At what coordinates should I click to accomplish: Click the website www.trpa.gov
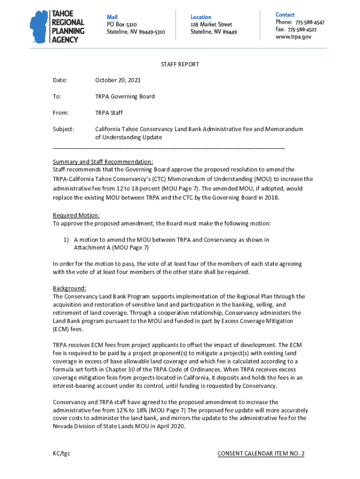click(x=293, y=37)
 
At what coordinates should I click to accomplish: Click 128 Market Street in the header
click(x=211, y=24)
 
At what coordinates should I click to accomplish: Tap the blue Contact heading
click(x=285, y=15)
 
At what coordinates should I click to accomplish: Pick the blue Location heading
click(x=201, y=17)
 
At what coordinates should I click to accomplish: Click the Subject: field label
click(x=63, y=129)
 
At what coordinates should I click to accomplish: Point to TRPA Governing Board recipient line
click(x=125, y=97)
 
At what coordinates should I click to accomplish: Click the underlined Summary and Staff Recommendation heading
click(x=103, y=162)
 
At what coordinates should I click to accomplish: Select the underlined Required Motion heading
click(x=76, y=215)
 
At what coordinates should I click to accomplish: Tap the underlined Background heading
click(x=69, y=288)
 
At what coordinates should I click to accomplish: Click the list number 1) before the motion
click(x=66, y=240)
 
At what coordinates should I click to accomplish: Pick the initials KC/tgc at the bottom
click(x=62, y=454)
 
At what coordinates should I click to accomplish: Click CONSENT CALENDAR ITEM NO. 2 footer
click(x=261, y=454)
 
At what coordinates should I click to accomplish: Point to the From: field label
click(x=61, y=113)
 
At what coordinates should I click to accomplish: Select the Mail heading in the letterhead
click(x=112, y=17)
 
